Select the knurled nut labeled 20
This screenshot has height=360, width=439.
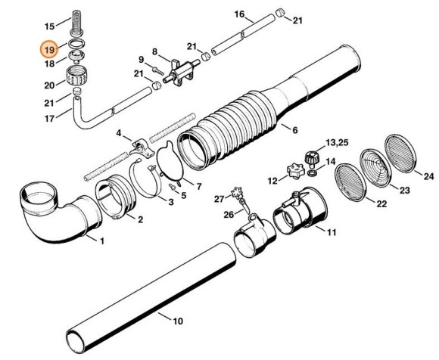pos(75,76)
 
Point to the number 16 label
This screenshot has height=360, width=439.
pos(239,14)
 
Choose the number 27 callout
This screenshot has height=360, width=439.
pos(219,198)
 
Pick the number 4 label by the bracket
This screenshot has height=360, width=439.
pos(118,133)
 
